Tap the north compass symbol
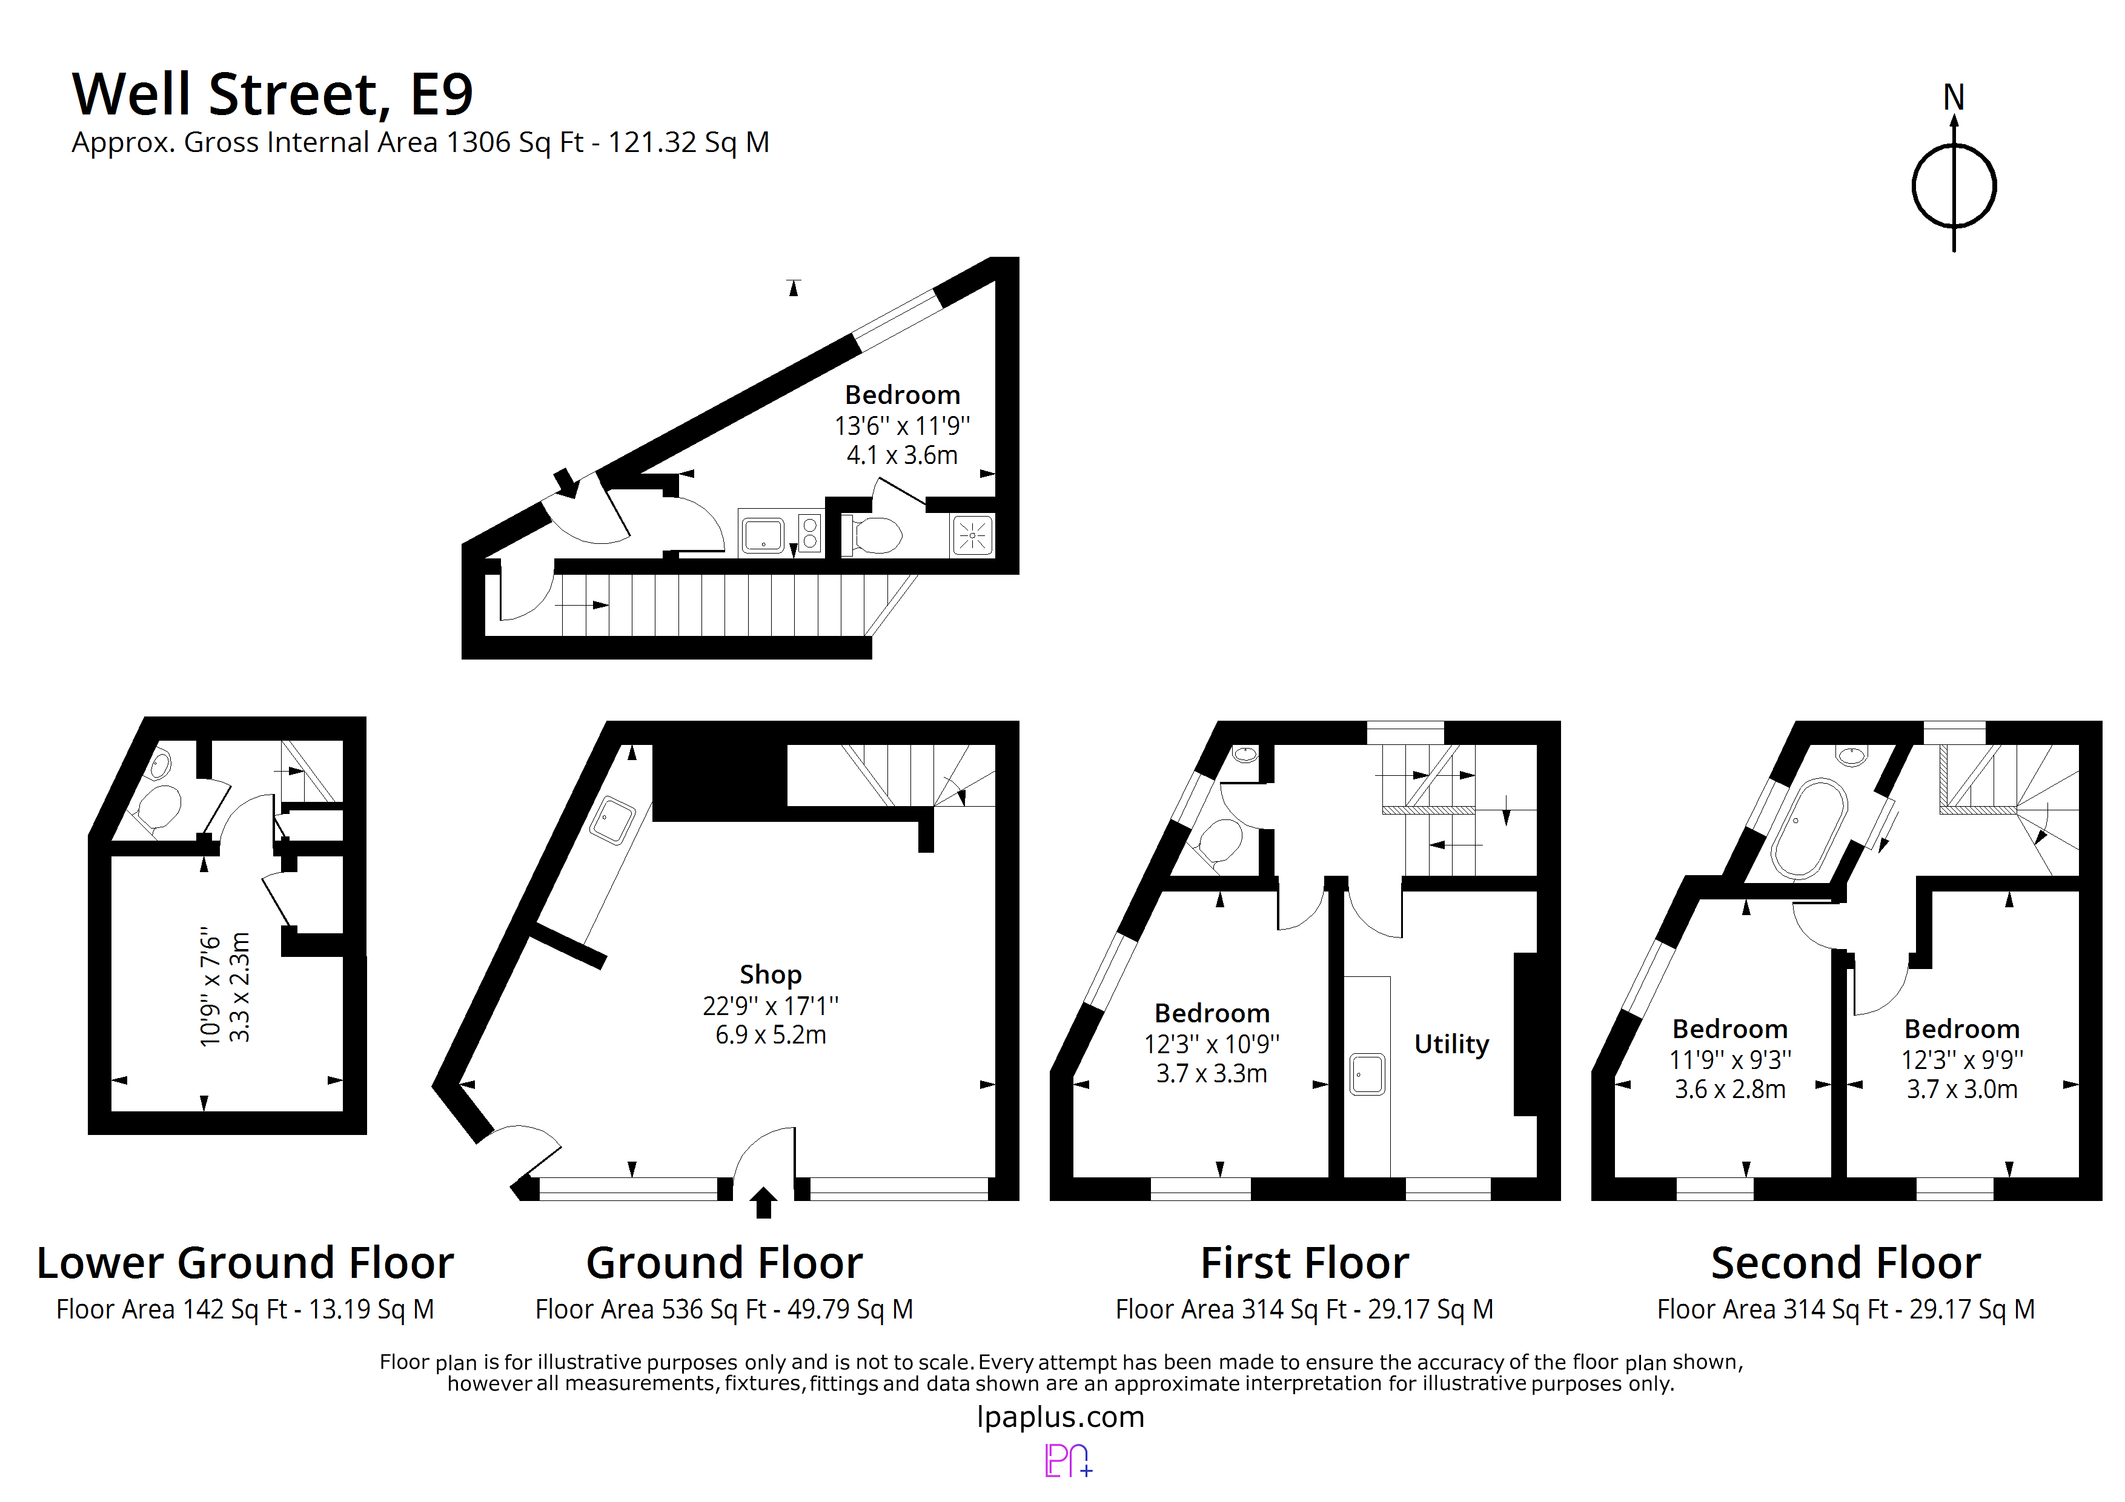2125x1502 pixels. (x=1953, y=185)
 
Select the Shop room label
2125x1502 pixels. (x=770, y=974)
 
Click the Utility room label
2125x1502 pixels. (x=1451, y=1044)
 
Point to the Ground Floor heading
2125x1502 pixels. (x=724, y=1263)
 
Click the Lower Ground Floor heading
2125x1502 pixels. (x=245, y=1263)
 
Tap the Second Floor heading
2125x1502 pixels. (x=1846, y=1263)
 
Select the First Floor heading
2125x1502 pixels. (x=1304, y=1263)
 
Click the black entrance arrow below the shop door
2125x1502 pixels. (x=763, y=1203)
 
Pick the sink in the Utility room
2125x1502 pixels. (x=1367, y=1074)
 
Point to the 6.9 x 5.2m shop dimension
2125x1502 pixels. (x=770, y=1034)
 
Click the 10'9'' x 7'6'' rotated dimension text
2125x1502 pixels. (x=210, y=987)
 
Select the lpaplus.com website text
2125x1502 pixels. (x=1061, y=1417)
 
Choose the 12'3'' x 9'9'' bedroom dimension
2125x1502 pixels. (x=1962, y=1060)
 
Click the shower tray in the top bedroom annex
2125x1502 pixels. (x=972, y=535)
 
